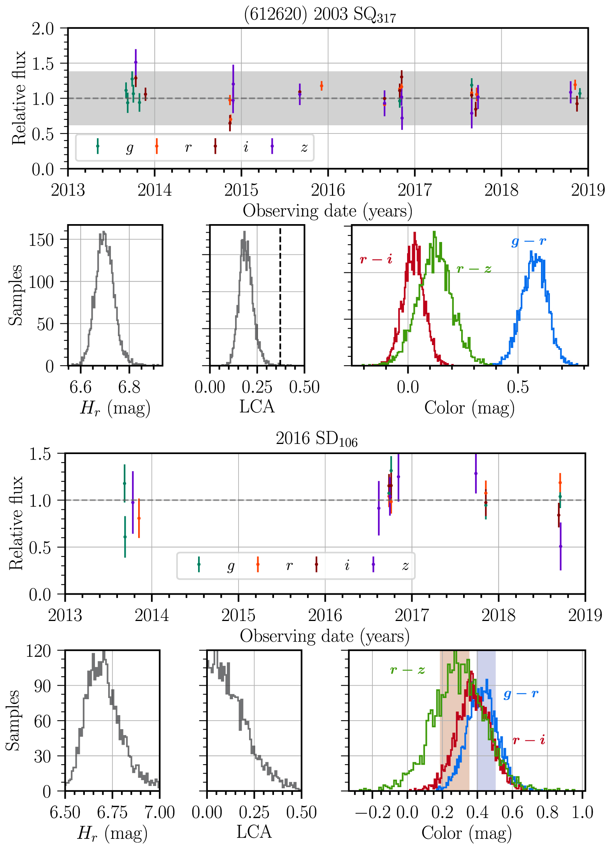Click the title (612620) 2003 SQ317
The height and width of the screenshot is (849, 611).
[320, 15]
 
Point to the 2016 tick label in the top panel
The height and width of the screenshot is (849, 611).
[328, 190]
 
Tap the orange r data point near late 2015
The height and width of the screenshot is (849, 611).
[321, 86]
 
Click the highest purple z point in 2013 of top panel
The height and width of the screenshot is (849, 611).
[135, 62]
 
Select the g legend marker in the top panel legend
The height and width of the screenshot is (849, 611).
[98, 146]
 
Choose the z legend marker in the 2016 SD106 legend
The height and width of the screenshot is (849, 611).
[373, 564]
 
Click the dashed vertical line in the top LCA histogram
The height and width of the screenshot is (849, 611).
[280, 296]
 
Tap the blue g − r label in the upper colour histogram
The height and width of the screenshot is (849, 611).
[528, 241]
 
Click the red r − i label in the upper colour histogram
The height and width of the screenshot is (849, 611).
[376, 259]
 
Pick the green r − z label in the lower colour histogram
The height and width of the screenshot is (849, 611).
[407, 670]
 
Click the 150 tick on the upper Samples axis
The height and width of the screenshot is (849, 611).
[41, 240]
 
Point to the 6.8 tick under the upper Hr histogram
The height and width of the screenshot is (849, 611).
[129, 387]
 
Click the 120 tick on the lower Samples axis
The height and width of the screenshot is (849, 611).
[38, 651]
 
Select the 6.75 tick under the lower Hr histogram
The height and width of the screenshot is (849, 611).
[112, 812]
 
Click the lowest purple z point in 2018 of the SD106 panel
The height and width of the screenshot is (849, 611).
[560, 546]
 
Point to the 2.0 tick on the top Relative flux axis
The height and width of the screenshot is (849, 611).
[43, 29]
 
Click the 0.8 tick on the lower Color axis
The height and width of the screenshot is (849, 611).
[547, 812]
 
